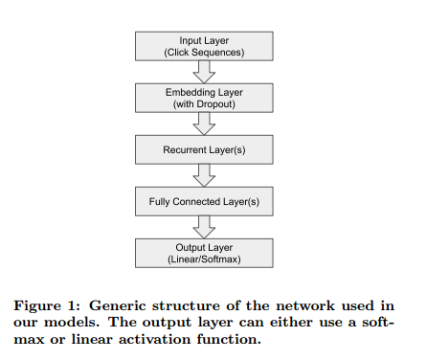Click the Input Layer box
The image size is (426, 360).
click(x=205, y=46)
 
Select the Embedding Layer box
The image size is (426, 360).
click(x=205, y=97)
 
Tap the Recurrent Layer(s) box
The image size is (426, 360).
click(x=205, y=148)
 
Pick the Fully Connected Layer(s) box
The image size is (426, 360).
click(x=205, y=201)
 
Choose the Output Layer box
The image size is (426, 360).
click(x=205, y=253)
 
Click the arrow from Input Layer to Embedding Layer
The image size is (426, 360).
click(x=205, y=71)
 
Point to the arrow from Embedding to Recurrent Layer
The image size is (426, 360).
click(x=205, y=123)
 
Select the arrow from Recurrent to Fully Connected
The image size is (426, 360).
click(x=205, y=174)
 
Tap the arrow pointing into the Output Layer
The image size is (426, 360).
click(x=205, y=227)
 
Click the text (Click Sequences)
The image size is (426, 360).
click(x=205, y=52)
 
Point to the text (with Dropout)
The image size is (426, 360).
click(x=205, y=102)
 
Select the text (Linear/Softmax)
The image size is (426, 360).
click(x=205, y=259)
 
